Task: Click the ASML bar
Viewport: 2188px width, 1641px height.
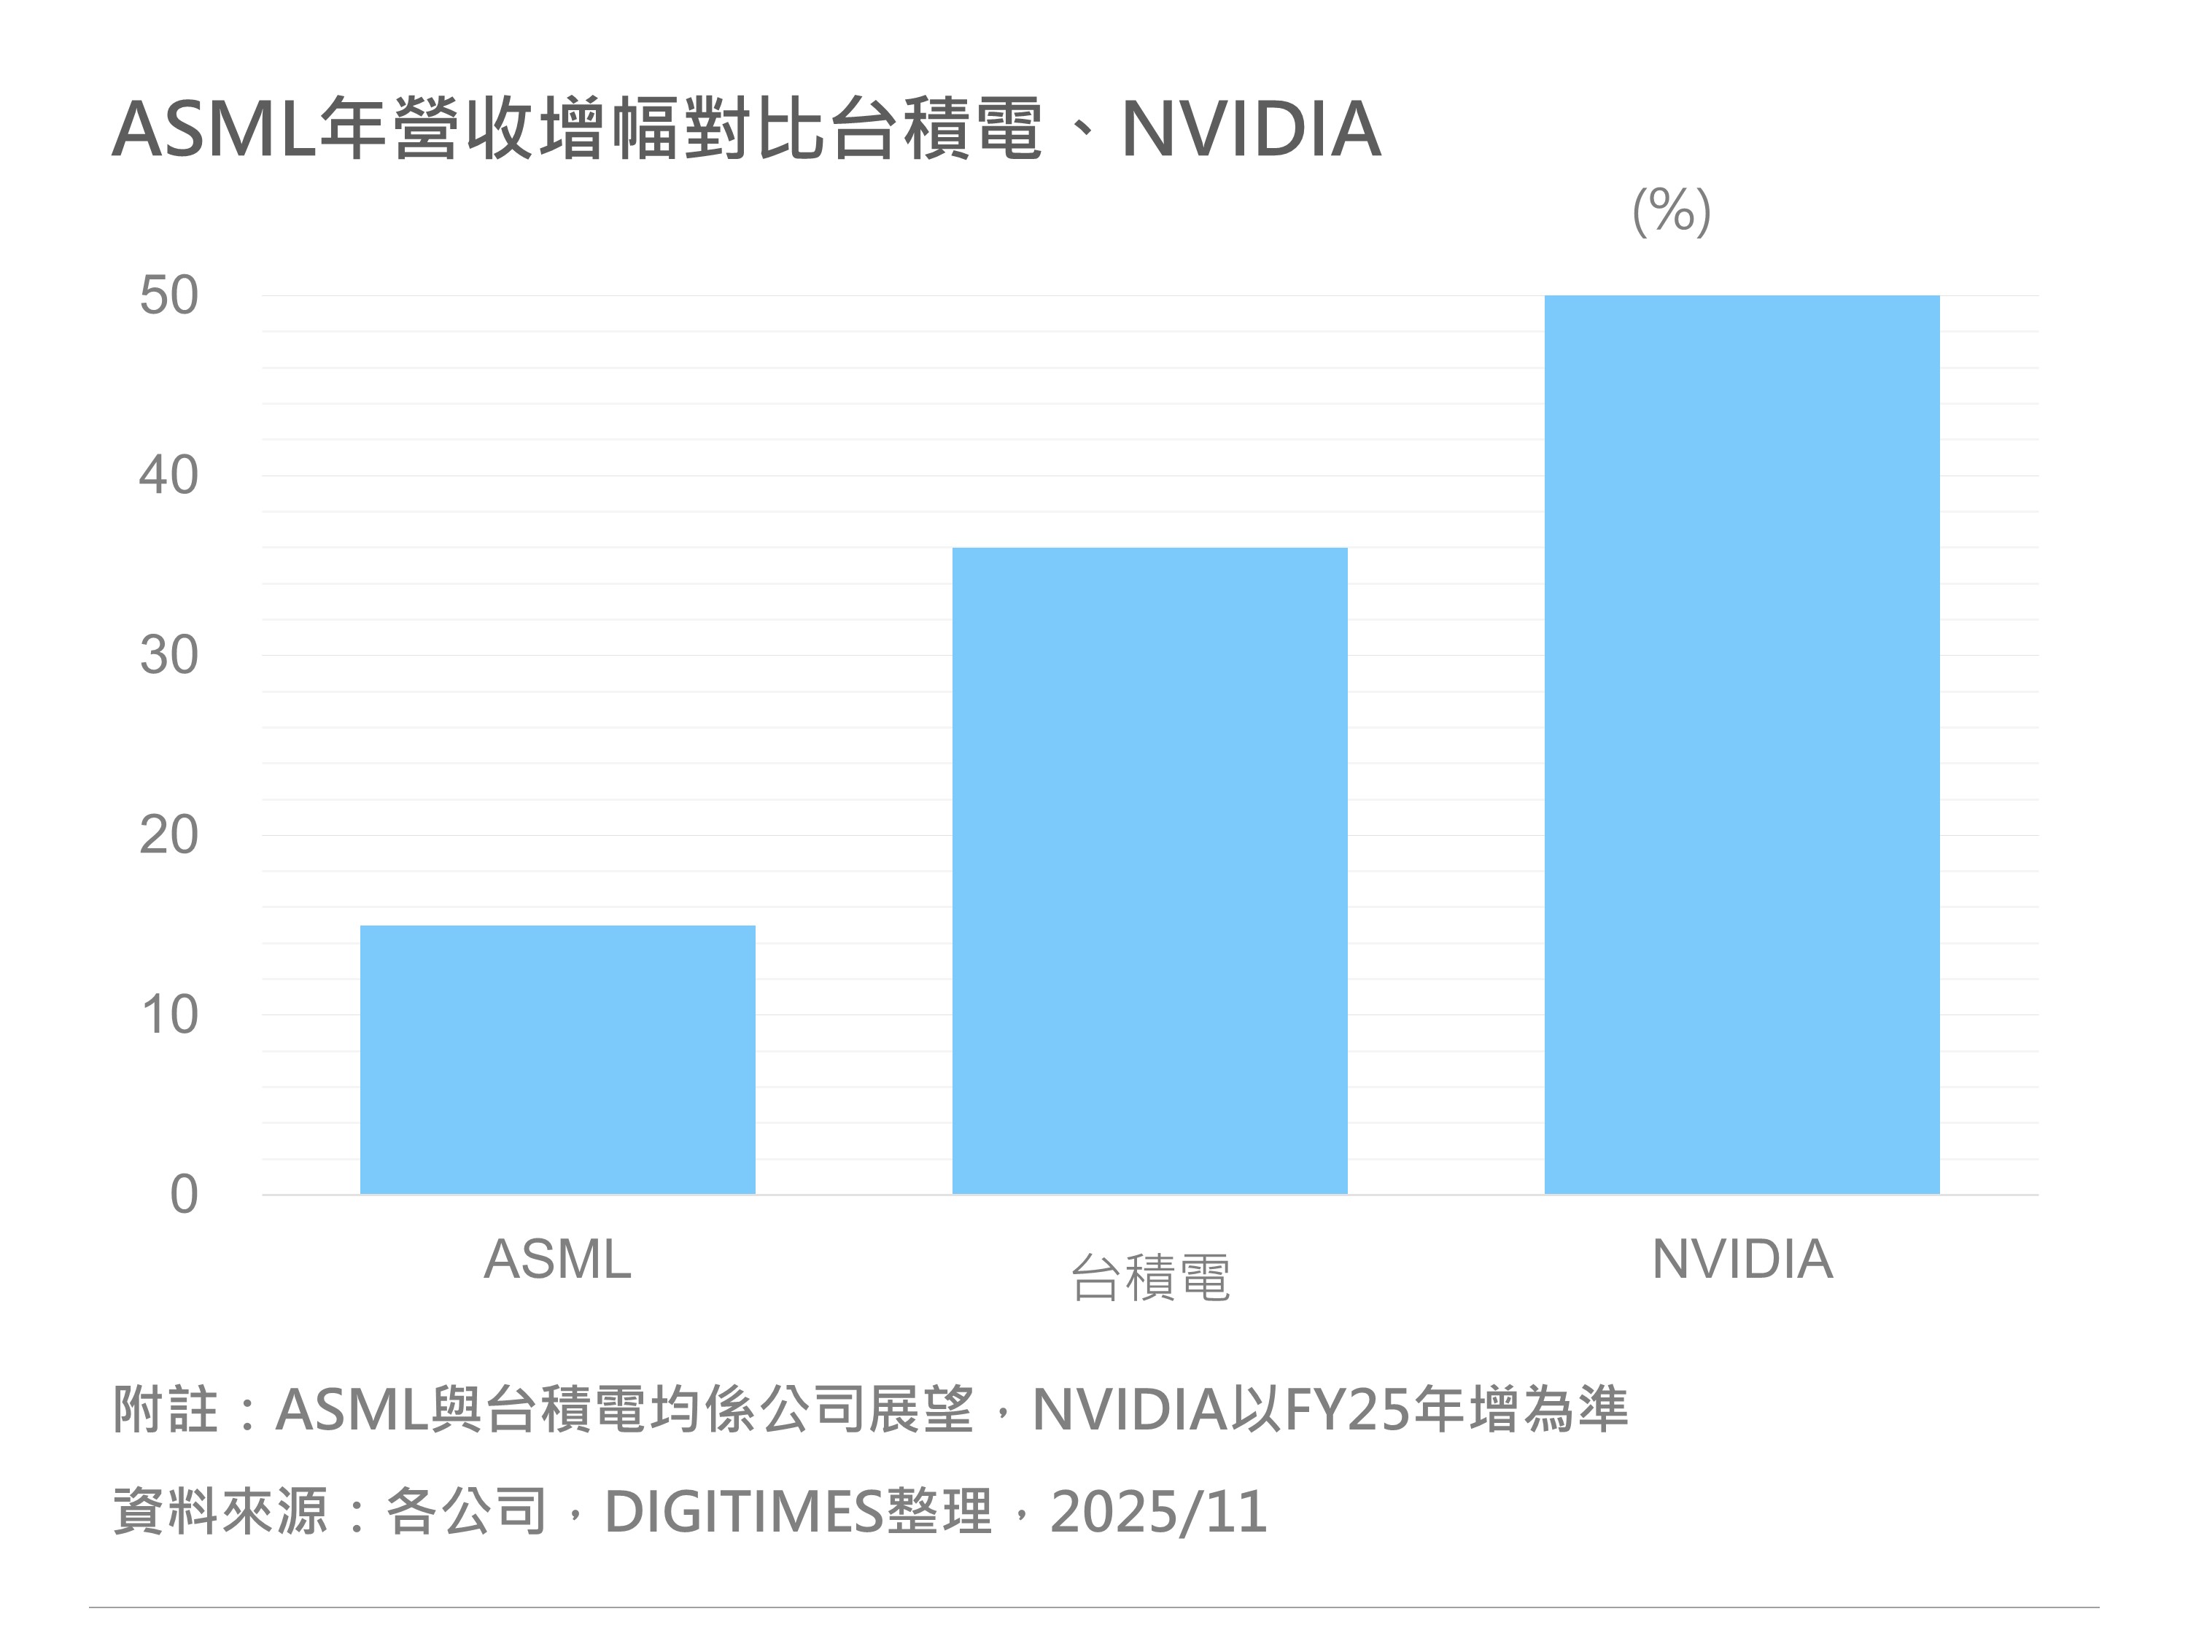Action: click(x=557, y=1060)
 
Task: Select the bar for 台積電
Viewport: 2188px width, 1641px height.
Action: click(x=1149, y=870)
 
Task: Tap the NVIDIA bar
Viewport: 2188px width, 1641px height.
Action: click(x=1742, y=744)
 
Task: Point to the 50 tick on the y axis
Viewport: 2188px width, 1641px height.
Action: click(x=169, y=296)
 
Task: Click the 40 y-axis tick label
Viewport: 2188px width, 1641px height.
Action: click(x=169, y=476)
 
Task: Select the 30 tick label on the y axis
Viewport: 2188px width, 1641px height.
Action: click(x=169, y=656)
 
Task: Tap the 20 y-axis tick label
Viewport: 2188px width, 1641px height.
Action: click(x=169, y=836)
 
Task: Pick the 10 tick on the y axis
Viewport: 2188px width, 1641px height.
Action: click(x=169, y=1015)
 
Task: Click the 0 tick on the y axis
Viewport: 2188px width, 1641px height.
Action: click(x=184, y=1195)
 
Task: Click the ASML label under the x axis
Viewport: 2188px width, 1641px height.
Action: click(x=557, y=1260)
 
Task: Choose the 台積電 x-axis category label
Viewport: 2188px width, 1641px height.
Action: click(x=1150, y=1277)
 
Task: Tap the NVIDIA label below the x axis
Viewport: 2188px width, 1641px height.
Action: click(x=1742, y=1260)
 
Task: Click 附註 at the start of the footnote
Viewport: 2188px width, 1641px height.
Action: click(x=165, y=1410)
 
